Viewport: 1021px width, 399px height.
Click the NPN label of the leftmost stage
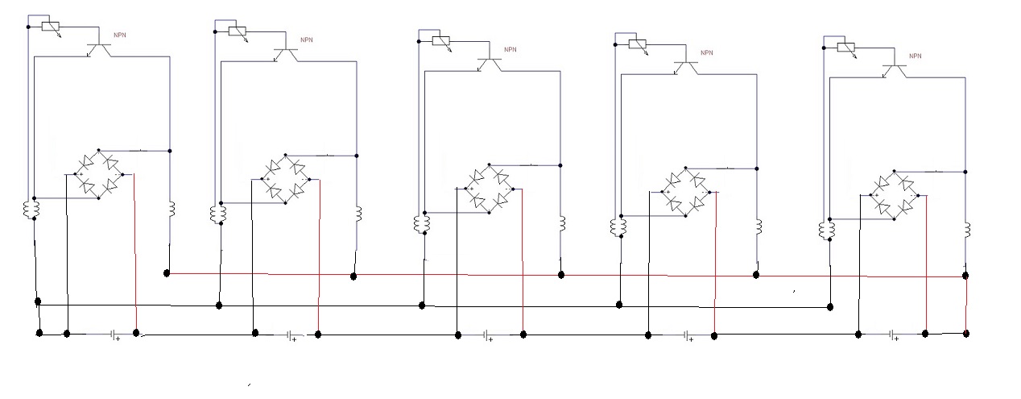(120, 35)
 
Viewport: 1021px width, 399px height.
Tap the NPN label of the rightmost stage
(916, 56)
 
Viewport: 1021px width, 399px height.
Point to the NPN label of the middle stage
(510, 50)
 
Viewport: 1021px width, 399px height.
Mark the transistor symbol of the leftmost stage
(99, 49)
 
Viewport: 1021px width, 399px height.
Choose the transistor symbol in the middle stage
(489, 64)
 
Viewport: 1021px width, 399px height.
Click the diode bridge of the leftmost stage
(99, 174)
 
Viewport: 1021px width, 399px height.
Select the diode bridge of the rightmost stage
(895, 195)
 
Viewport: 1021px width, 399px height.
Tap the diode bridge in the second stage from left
(286, 180)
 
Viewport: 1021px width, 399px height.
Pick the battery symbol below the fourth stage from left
(687, 336)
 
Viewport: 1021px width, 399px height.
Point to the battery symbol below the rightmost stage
(892, 335)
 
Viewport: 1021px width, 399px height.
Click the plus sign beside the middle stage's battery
(491, 339)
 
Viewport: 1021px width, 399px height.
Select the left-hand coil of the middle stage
(422, 224)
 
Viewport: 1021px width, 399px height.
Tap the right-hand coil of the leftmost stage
(172, 209)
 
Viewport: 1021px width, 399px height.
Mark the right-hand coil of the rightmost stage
(967, 230)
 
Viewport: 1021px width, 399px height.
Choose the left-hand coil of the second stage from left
(218, 214)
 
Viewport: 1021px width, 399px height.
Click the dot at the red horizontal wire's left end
(167, 273)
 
